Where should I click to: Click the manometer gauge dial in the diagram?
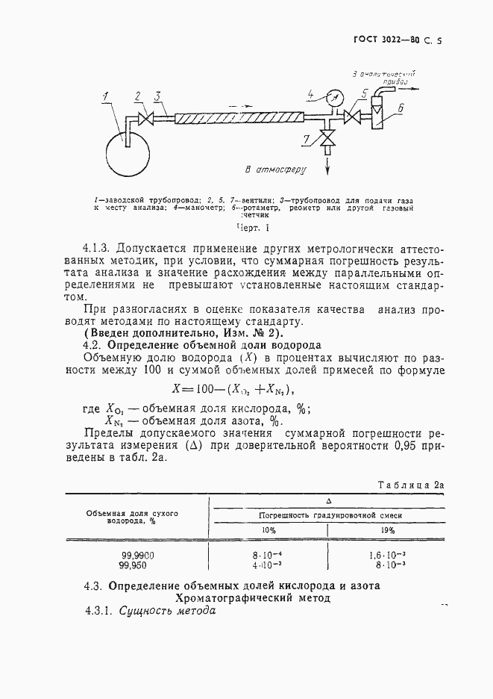coord(333,96)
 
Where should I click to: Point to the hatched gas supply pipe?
coord(239,118)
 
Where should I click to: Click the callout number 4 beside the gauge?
coord(312,94)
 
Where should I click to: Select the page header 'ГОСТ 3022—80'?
coord(388,41)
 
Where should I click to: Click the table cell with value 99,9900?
coord(137,556)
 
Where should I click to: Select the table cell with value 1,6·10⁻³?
coord(387,556)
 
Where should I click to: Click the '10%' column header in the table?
coord(268,530)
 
